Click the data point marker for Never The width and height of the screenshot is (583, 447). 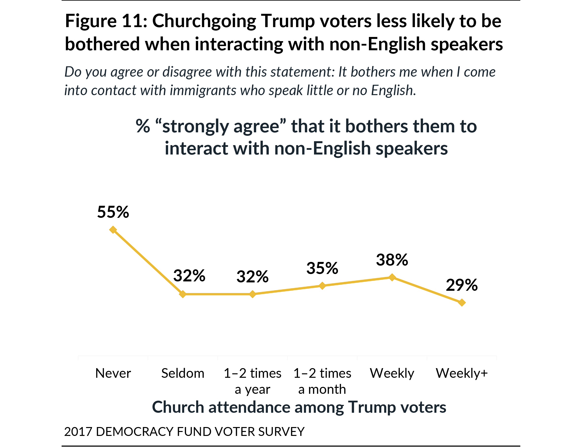(113, 230)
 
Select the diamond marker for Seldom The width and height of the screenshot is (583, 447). (183, 294)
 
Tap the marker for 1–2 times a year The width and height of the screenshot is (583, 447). (252, 294)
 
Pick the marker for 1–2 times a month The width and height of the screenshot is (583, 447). (322, 286)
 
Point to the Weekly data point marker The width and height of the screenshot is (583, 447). (392, 277)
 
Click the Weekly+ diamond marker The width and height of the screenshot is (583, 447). (462, 303)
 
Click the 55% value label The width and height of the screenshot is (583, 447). (113, 212)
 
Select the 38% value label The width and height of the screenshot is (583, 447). (392, 260)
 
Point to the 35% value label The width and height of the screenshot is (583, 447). (322, 268)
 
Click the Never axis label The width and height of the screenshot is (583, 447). (113, 373)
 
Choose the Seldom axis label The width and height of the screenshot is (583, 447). (183, 373)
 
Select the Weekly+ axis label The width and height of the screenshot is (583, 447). (462, 373)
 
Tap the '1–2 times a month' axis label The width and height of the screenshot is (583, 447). (322, 381)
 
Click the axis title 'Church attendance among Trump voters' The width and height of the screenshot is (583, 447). (299, 407)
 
